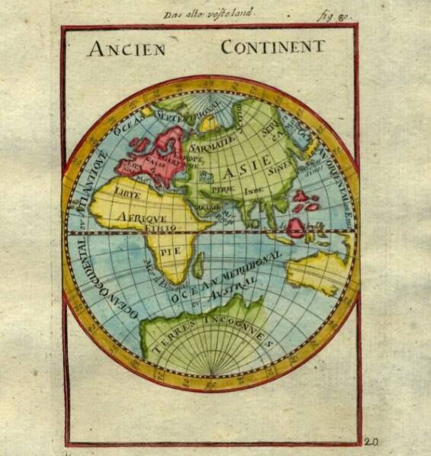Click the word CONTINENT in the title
[x=272, y=46]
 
